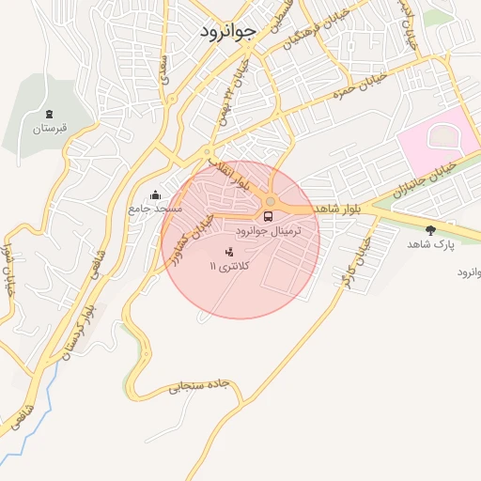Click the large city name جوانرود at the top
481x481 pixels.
tap(227, 32)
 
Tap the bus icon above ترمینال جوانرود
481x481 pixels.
tap(269, 217)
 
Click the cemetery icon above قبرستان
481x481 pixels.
tap(49, 115)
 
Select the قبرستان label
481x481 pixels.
tap(50, 129)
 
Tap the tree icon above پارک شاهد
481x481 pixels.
tap(430, 230)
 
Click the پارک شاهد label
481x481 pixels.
tap(430, 243)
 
